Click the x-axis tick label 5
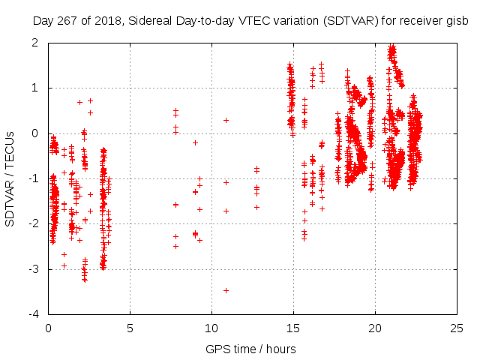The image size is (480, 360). [x=130, y=328]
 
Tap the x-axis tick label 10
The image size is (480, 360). [x=211, y=328]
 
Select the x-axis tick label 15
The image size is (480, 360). [x=293, y=328]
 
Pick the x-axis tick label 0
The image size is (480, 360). [x=48, y=328]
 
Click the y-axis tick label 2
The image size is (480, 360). [x=35, y=43]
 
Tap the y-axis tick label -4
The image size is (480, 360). [x=33, y=315]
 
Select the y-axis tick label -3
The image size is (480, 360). [x=33, y=269]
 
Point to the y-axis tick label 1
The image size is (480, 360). [x=35, y=88]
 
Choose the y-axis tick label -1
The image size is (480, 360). [x=33, y=178]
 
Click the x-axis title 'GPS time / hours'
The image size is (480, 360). [x=250, y=349]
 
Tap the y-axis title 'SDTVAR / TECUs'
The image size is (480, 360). [x=10, y=178]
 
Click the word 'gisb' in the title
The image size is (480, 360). [x=457, y=20]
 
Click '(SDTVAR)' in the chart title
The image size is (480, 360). [x=346, y=20]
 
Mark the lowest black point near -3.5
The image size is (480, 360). [x=226, y=290]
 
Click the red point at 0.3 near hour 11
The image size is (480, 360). [x=226, y=120]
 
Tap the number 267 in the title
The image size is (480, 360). [x=66, y=20]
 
